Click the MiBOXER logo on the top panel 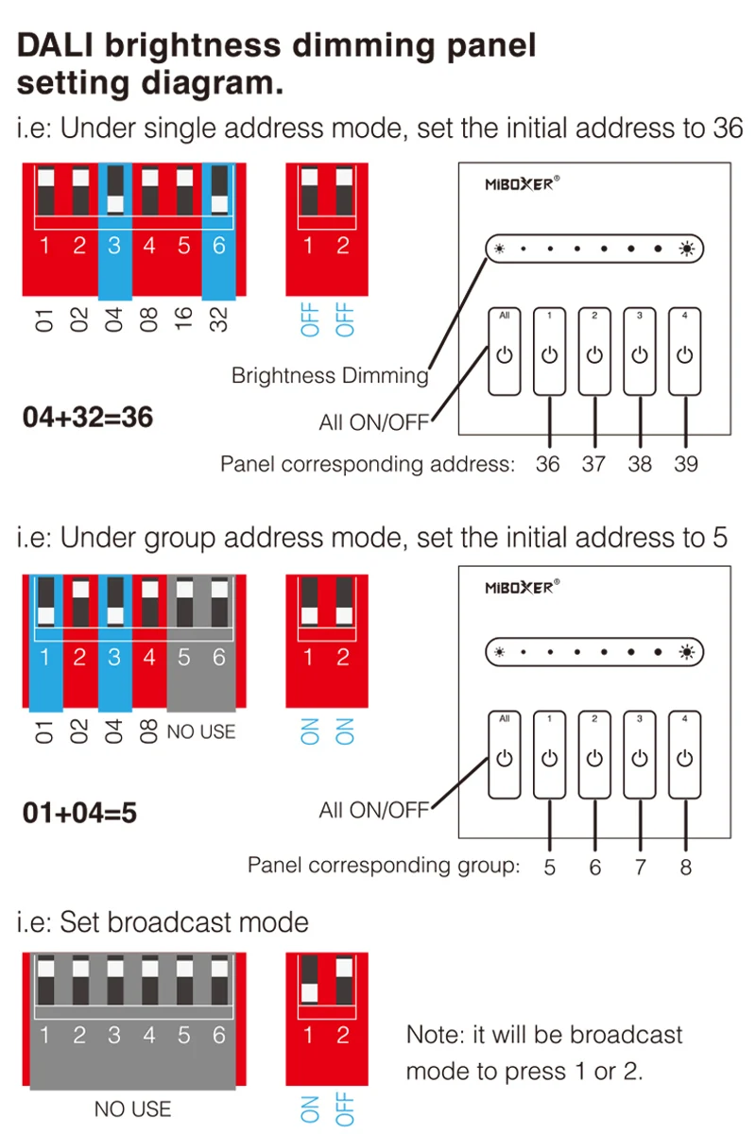(522, 183)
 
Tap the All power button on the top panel (505, 351)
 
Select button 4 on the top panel (684, 351)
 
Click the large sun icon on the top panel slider (687, 249)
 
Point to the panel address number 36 (548, 464)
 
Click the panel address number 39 (686, 464)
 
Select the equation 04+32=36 (88, 418)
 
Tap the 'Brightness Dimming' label (330, 376)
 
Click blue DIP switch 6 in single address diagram (218, 232)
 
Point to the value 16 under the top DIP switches (184, 318)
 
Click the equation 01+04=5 (79, 813)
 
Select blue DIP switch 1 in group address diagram (45, 643)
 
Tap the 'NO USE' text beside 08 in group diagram (201, 732)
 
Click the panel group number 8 (686, 868)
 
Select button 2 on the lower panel (594, 754)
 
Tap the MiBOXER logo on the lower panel (522, 587)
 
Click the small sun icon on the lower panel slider (499, 652)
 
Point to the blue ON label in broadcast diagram (310, 1109)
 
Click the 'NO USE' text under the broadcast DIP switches (132, 1109)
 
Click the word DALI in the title (55, 45)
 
